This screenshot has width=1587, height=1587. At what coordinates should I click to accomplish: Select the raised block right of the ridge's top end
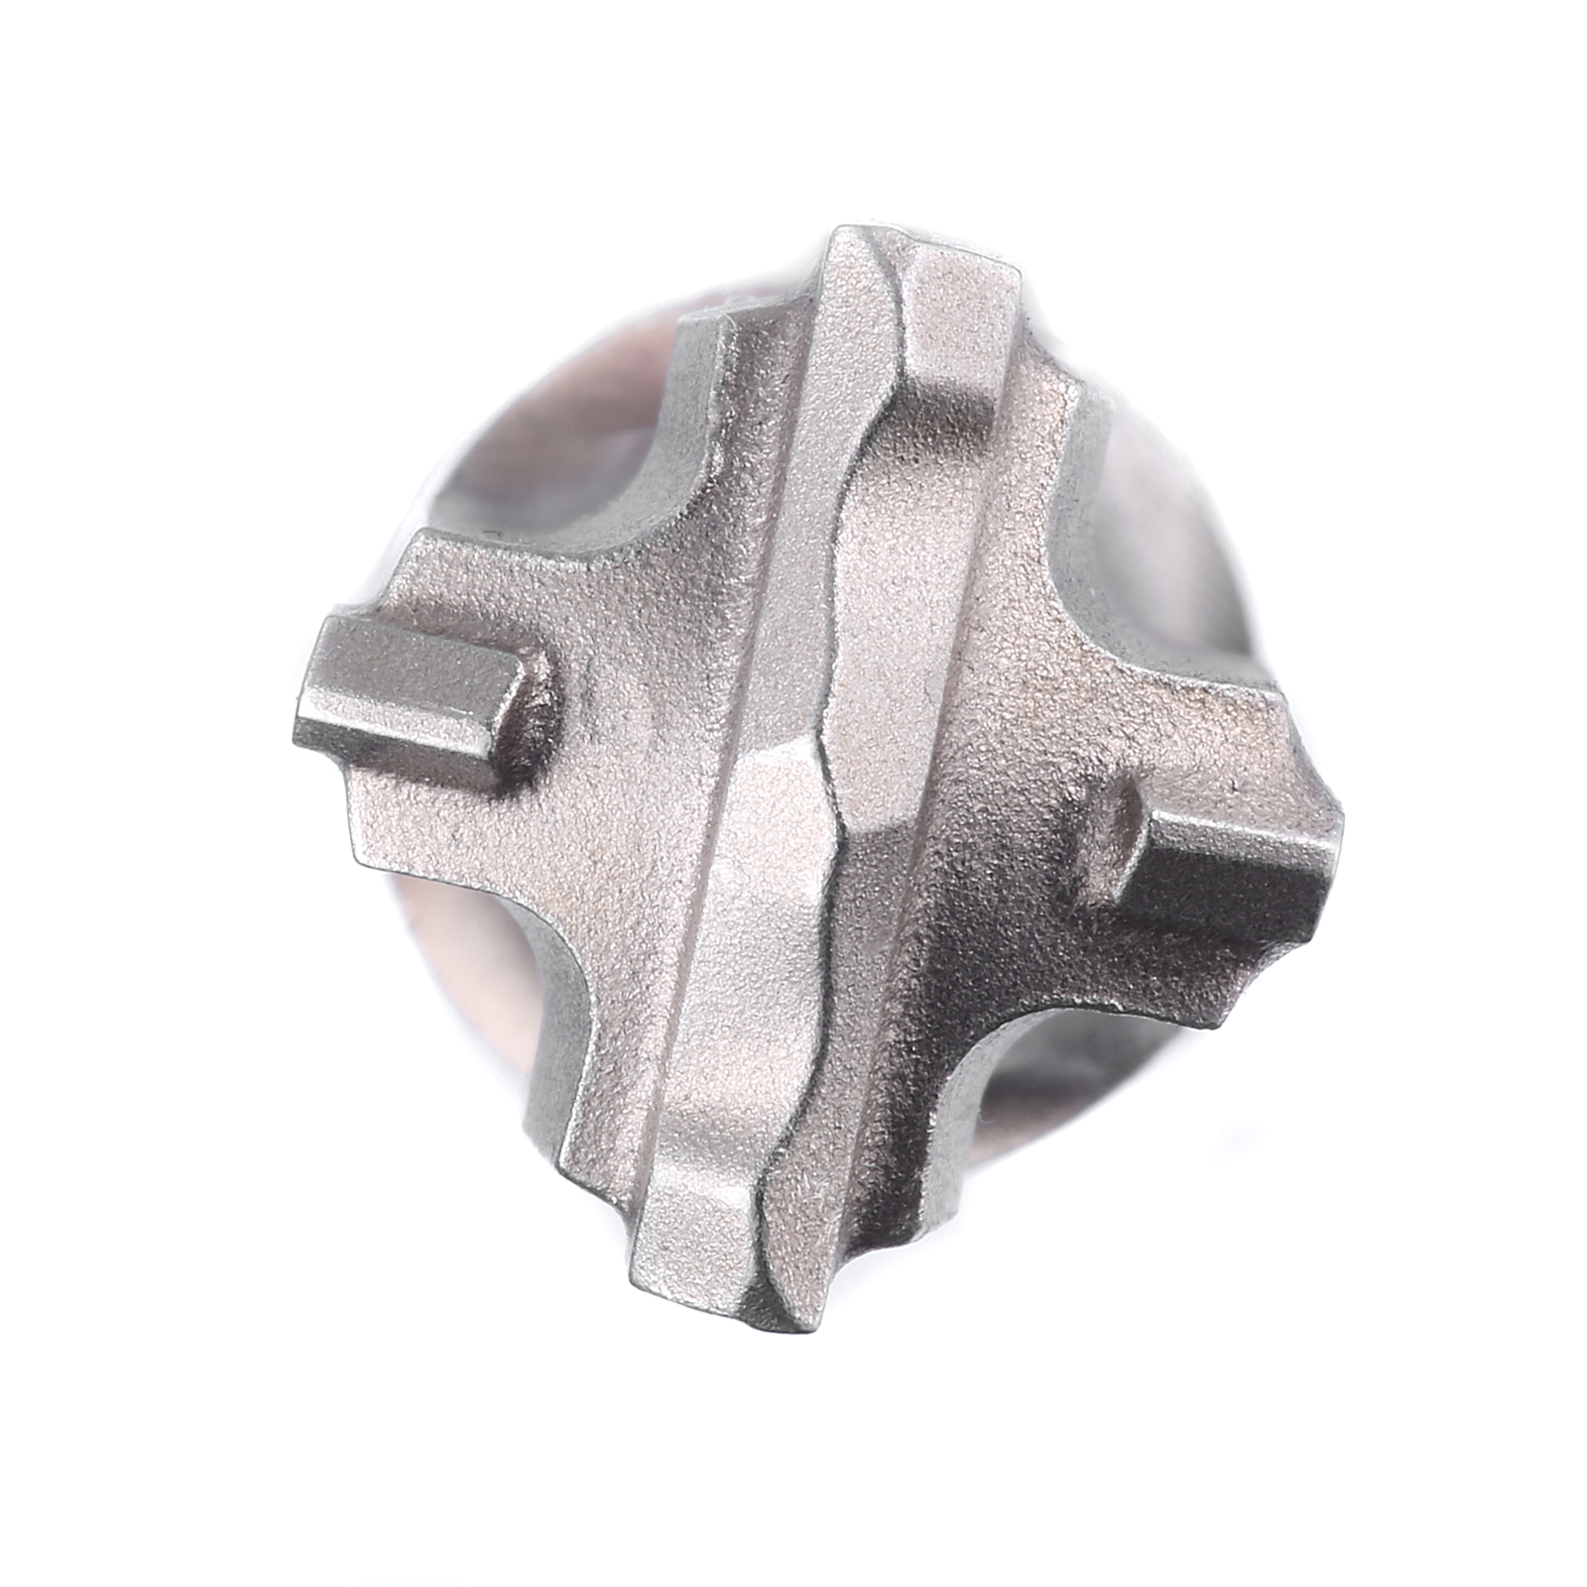[962, 298]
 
